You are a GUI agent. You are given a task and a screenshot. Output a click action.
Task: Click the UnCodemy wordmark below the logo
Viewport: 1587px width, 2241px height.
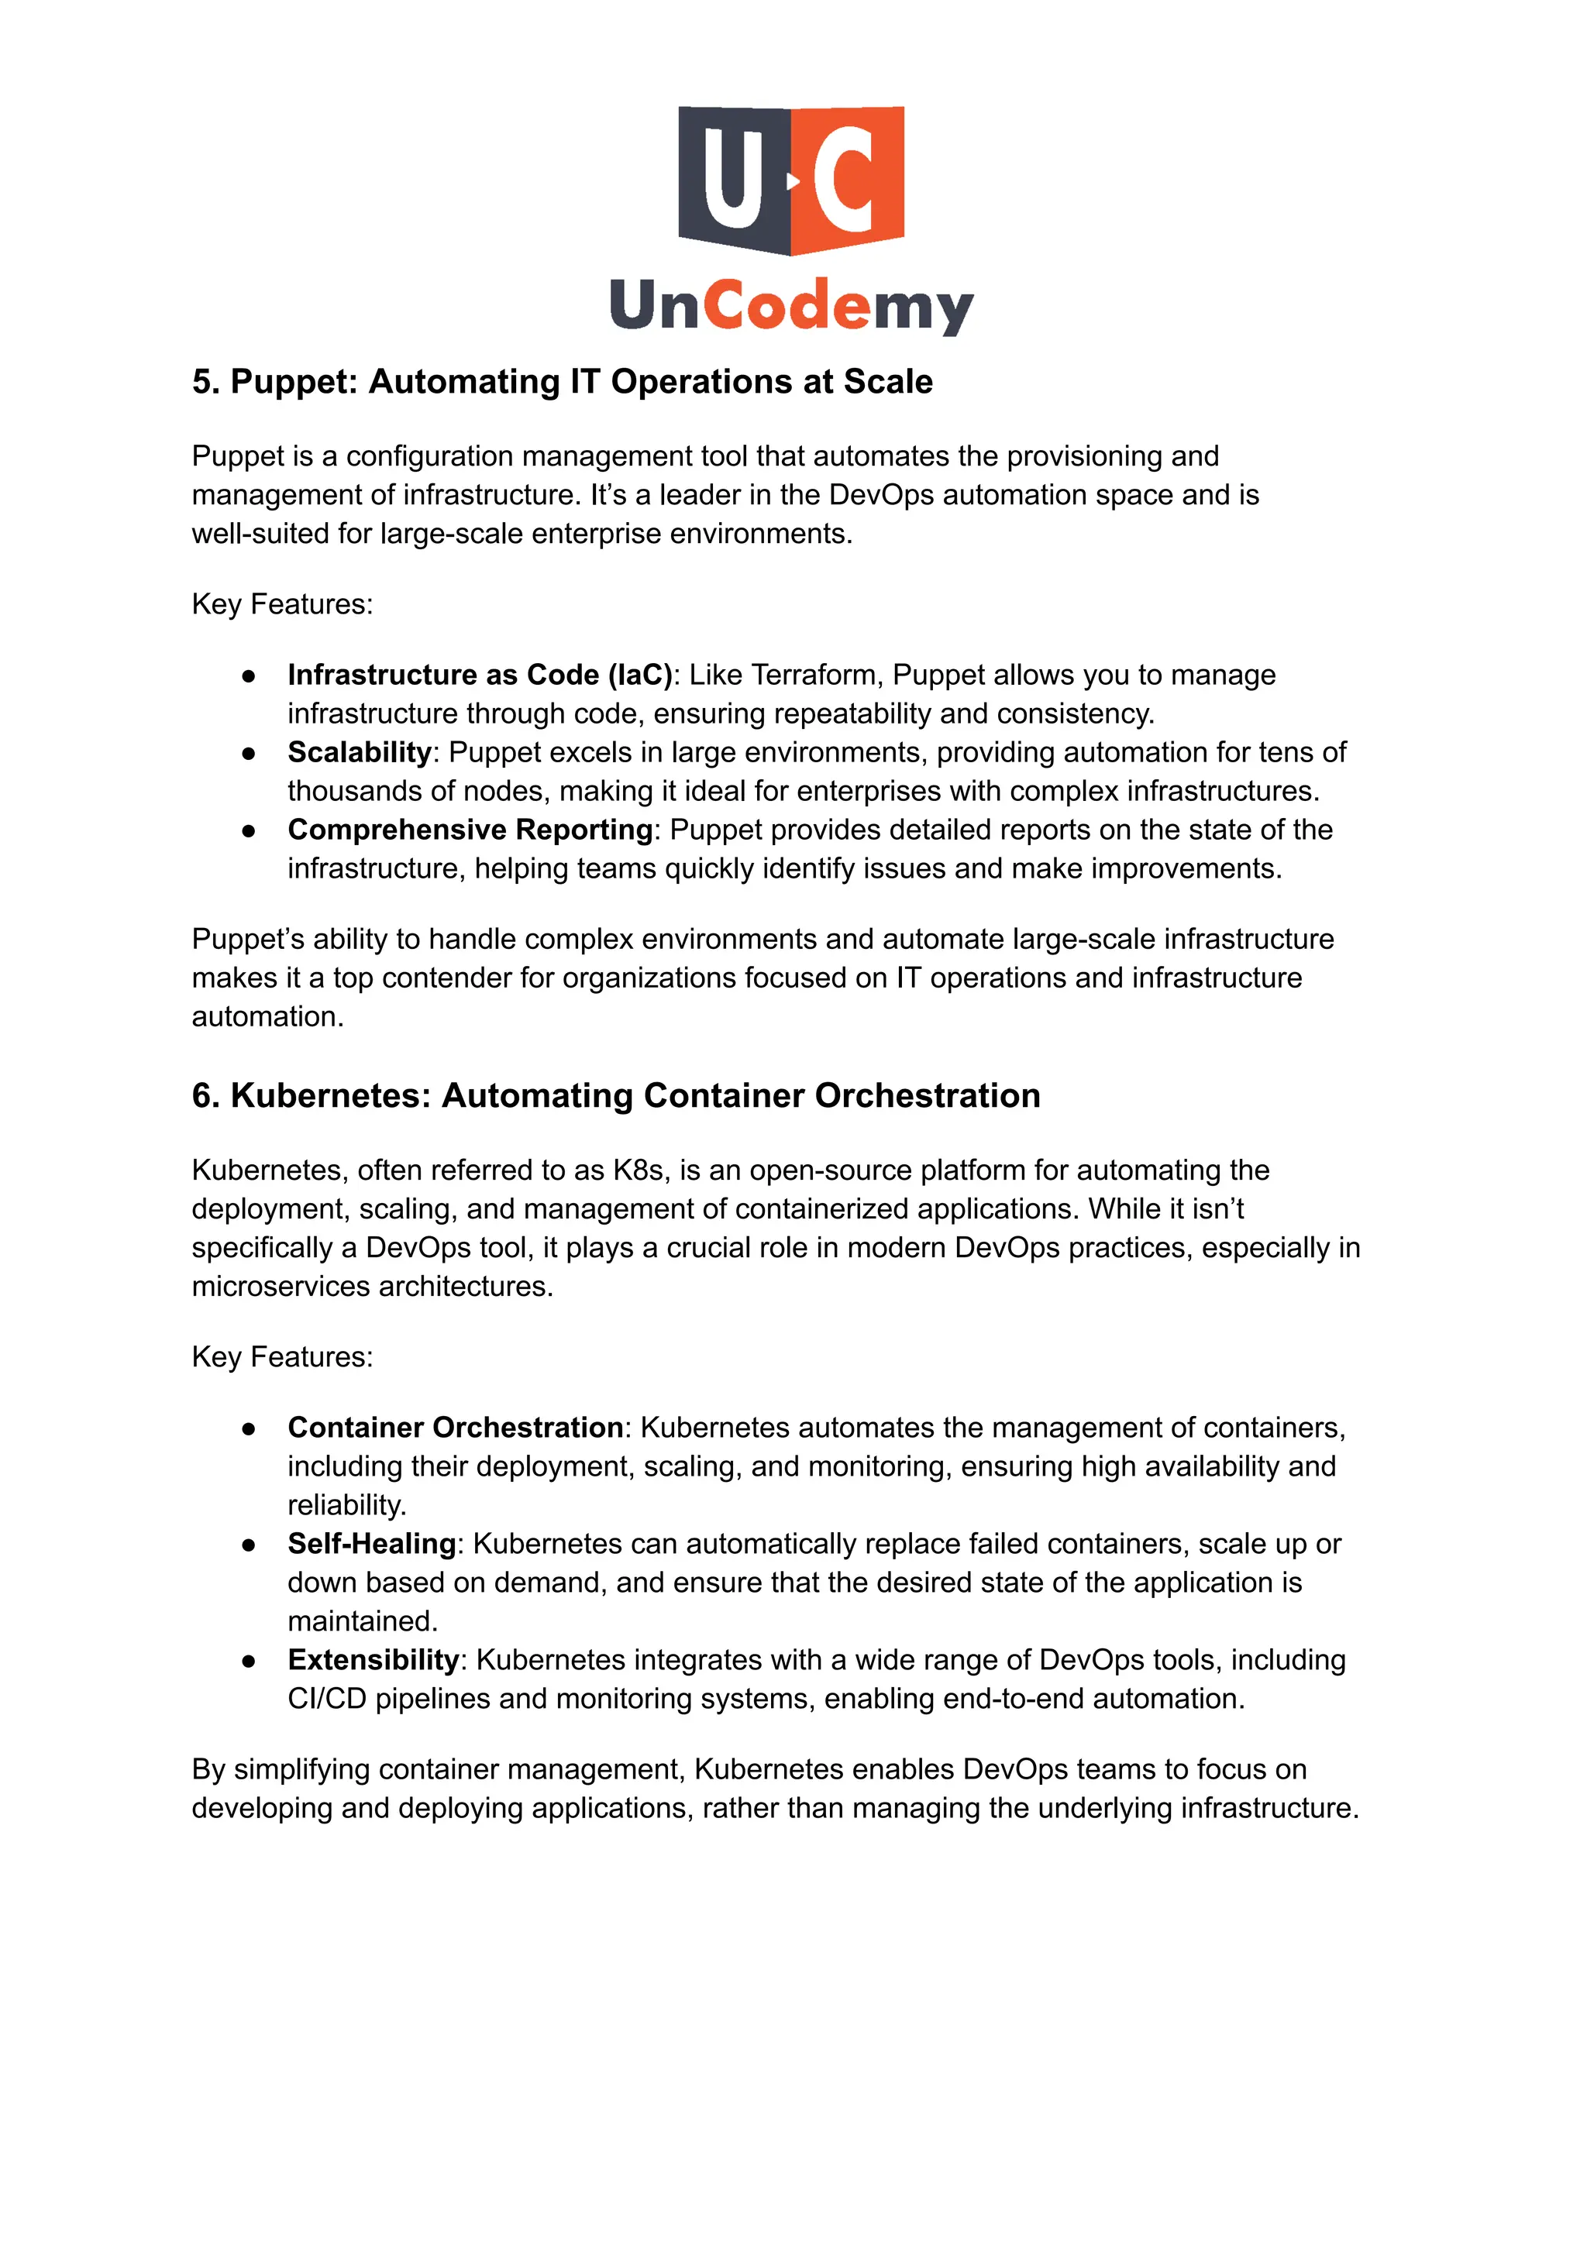(x=791, y=306)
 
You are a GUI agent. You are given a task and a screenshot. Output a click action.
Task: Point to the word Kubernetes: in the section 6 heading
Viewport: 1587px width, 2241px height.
(x=330, y=1096)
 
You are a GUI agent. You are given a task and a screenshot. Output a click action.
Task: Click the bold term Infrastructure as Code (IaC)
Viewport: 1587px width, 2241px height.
(x=480, y=675)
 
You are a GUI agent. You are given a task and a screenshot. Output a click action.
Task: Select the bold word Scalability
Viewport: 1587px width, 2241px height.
(x=359, y=752)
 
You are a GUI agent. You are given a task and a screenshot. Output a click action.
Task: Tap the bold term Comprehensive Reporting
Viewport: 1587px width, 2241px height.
(x=470, y=830)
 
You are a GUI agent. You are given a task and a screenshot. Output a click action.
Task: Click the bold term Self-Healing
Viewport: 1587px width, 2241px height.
(x=371, y=1544)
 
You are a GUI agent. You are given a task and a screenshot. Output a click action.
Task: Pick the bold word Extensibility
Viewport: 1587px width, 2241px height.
(x=372, y=1660)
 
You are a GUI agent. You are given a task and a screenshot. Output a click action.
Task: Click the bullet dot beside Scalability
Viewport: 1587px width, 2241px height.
(x=250, y=753)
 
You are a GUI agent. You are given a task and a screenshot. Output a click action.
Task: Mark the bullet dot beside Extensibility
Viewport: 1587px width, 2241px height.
(x=250, y=1661)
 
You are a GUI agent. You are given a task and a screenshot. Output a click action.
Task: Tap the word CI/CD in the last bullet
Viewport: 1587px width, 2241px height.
(x=326, y=1699)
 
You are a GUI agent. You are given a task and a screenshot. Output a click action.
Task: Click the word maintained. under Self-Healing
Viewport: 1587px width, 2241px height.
(x=363, y=1621)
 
